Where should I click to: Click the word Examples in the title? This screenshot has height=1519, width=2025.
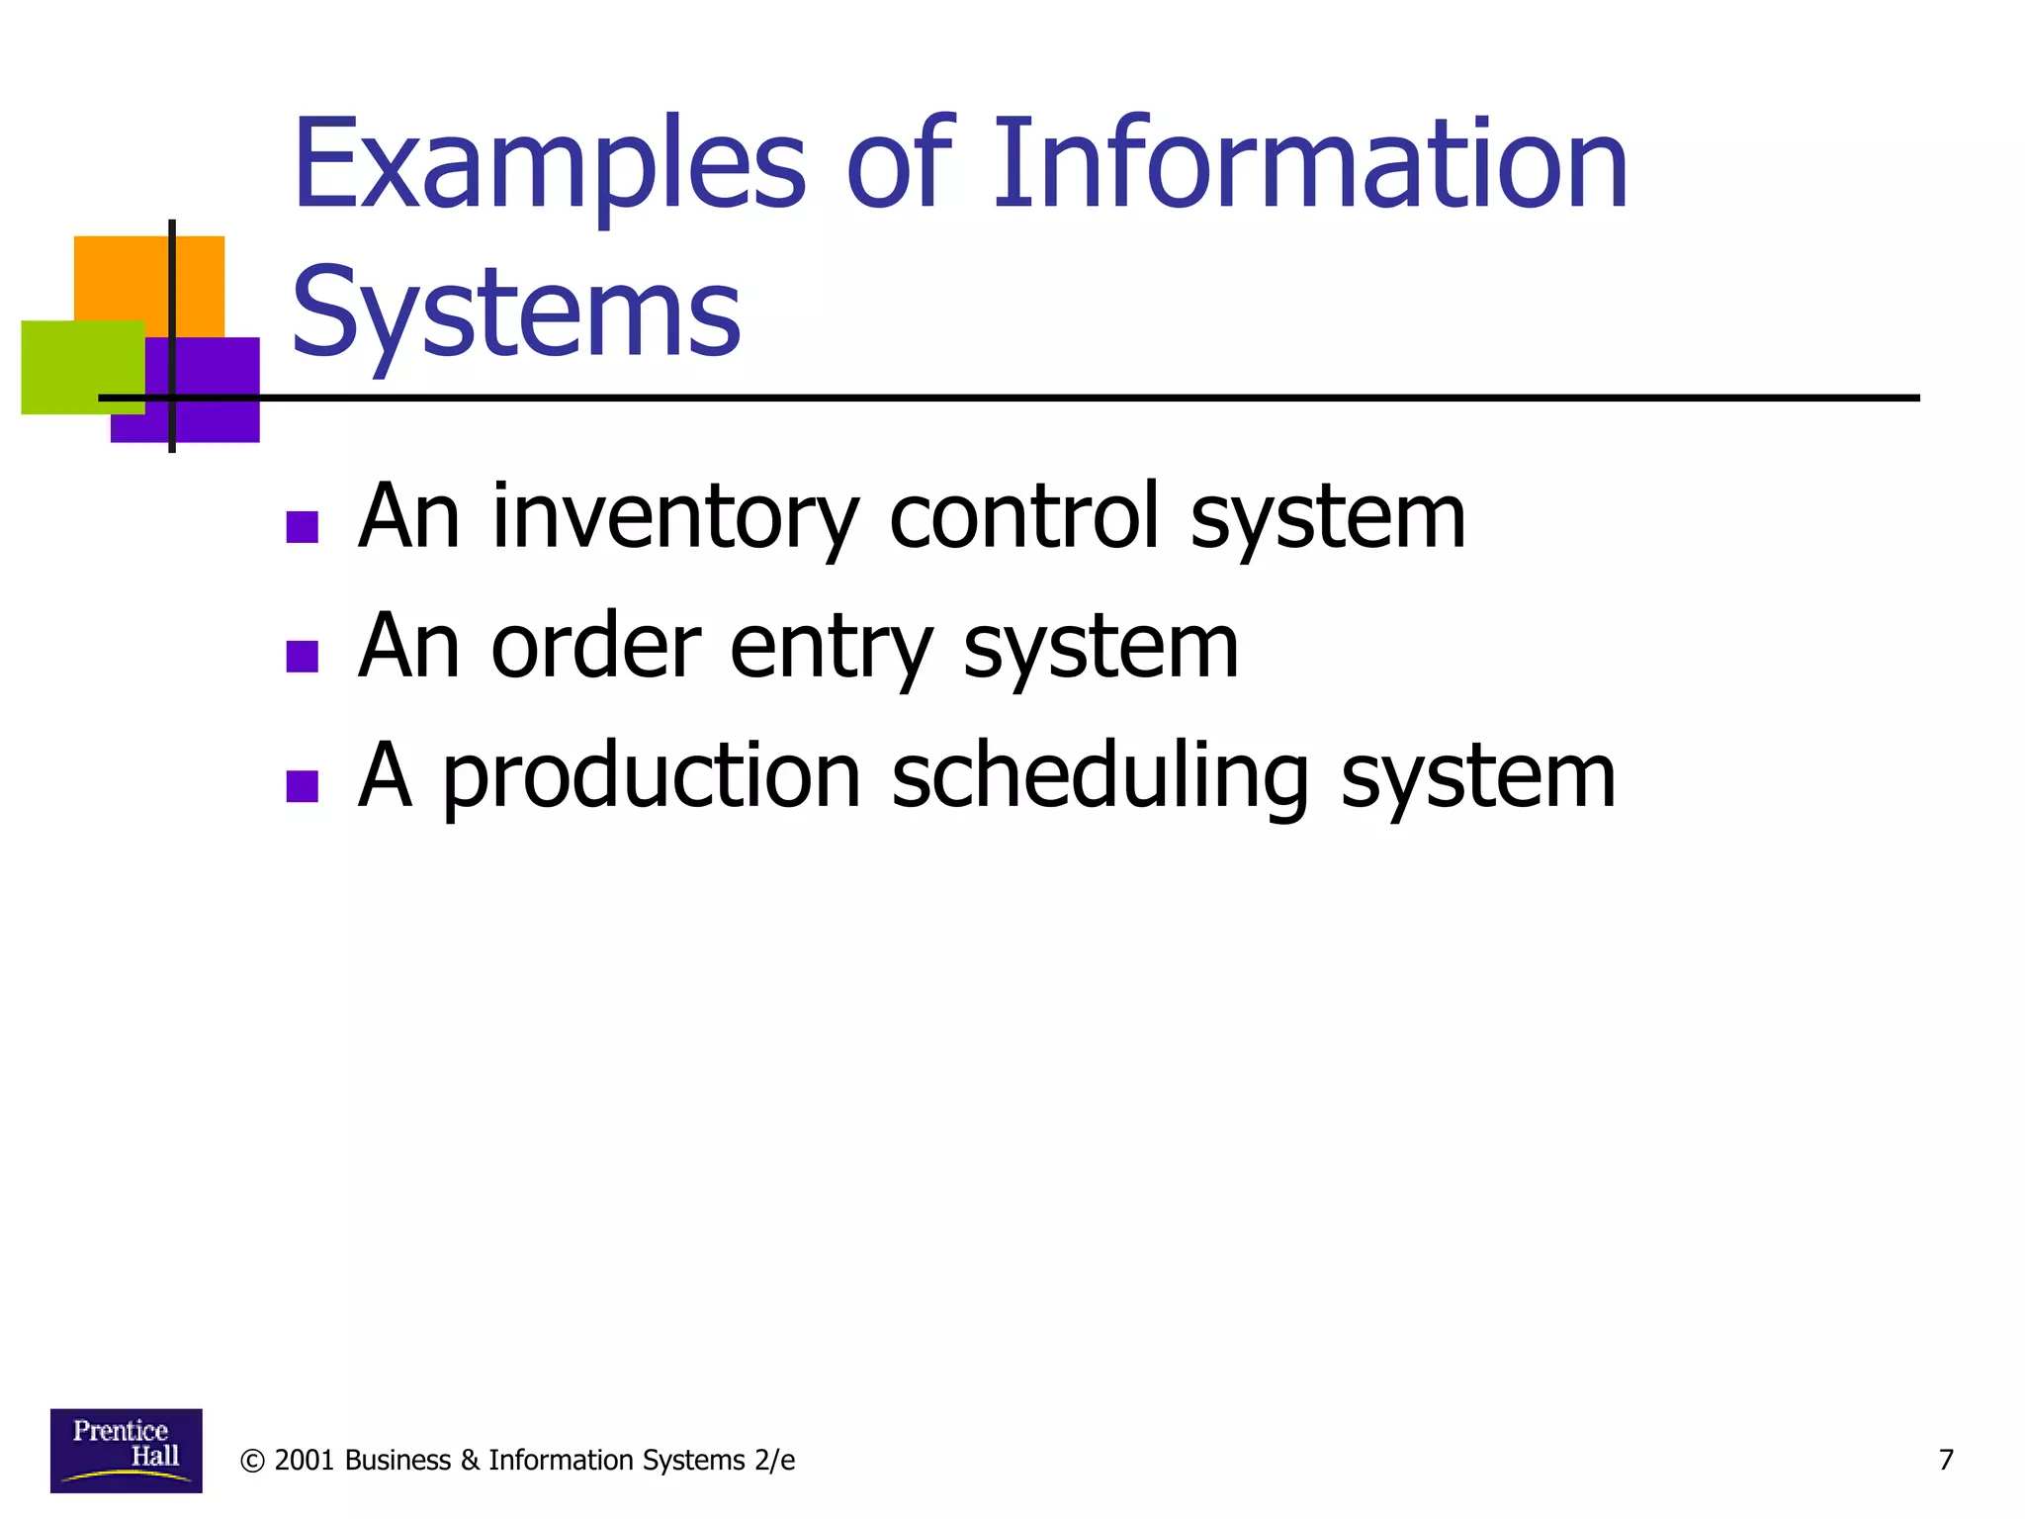point(549,166)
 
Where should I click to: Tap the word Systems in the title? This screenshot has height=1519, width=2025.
point(515,314)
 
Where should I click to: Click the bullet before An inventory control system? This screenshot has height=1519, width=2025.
point(302,527)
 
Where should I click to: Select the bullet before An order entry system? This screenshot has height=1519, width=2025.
point(302,656)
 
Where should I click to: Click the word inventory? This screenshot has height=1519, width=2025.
point(675,519)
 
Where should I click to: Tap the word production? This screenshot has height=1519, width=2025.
point(651,779)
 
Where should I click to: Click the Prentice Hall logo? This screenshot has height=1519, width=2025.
point(126,1450)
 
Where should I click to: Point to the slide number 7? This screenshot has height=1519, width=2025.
point(1946,1460)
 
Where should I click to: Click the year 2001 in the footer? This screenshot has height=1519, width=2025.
point(304,1461)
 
